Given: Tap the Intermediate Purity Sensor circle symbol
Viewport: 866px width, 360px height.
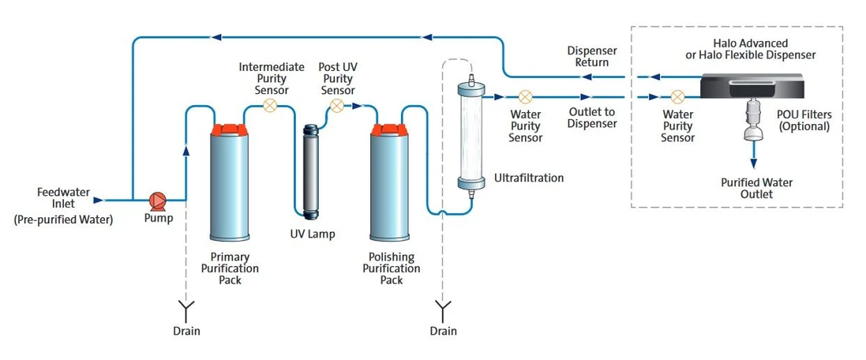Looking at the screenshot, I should tap(271, 105).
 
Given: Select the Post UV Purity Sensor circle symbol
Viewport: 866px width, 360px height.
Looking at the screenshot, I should tap(336, 105).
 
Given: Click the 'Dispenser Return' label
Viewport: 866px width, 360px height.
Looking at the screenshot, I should tap(592, 57).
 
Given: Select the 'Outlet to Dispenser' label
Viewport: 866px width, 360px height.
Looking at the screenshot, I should tap(592, 118).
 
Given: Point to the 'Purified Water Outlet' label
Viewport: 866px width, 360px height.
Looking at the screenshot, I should tap(757, 188).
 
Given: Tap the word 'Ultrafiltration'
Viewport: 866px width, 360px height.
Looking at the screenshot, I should tap(528, 178).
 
